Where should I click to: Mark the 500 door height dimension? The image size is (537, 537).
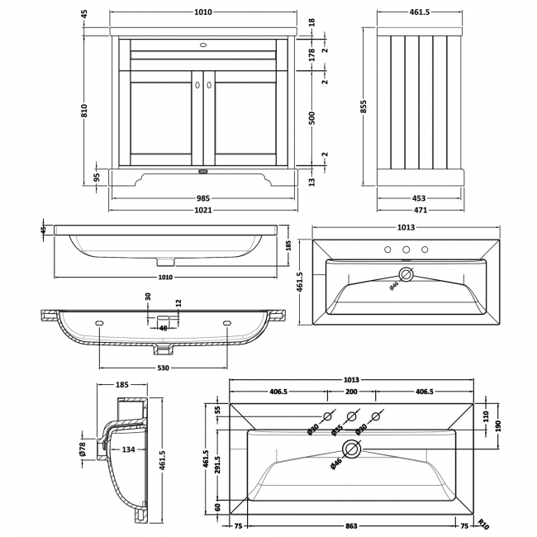311,118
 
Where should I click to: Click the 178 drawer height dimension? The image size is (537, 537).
311,55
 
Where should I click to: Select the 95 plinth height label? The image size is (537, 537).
97,177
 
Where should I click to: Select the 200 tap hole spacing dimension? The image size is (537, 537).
351,392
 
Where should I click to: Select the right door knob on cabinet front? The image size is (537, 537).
209,84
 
